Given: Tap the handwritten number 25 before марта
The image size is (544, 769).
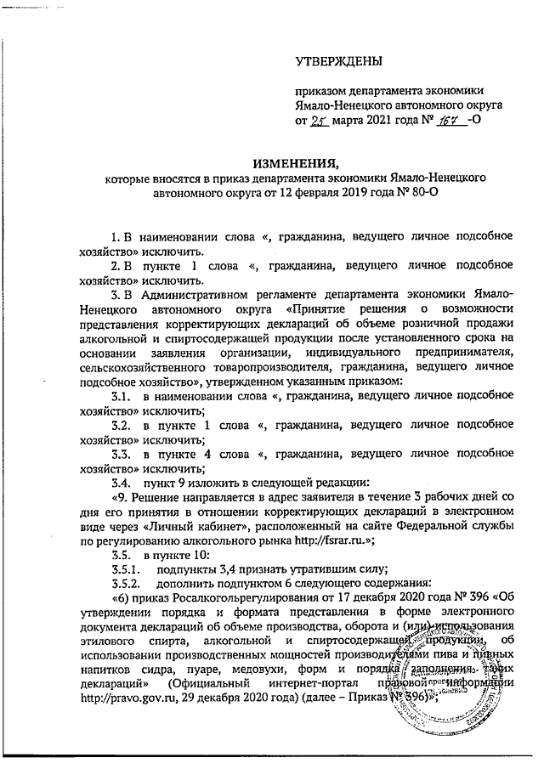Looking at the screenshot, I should pyautogui.click(x=318, y=122).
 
